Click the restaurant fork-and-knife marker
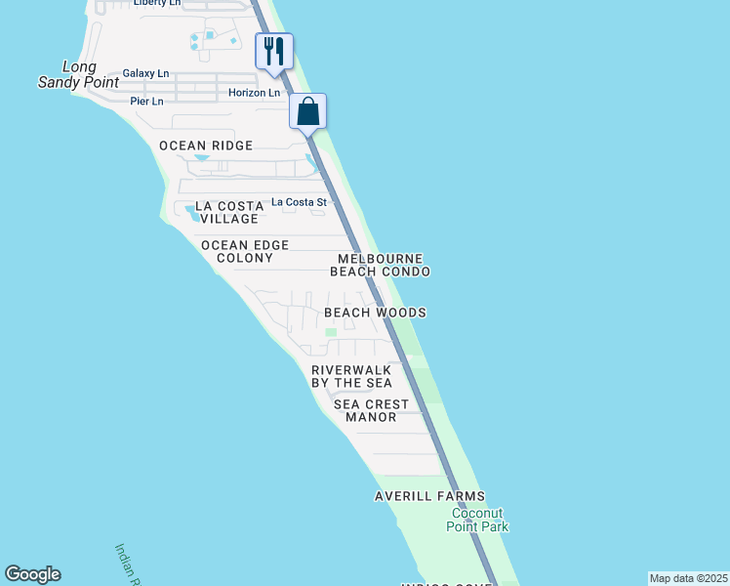coord(274,51)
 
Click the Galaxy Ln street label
coord(145,73)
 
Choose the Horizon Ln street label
coord(254,93)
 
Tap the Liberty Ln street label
coord(157,3)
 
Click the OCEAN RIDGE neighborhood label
coord(206,146)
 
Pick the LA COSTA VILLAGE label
coord(229,212)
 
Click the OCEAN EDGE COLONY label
coord(237,251)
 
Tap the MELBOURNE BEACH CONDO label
coord(381,265)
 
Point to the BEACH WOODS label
coord(375,313)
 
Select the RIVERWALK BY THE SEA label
coord(351,376)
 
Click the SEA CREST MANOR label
coord(371,410)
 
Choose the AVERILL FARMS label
coord(429,496)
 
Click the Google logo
coord(32,574)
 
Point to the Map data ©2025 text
coord(688,578)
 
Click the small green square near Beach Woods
coord(330,333)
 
